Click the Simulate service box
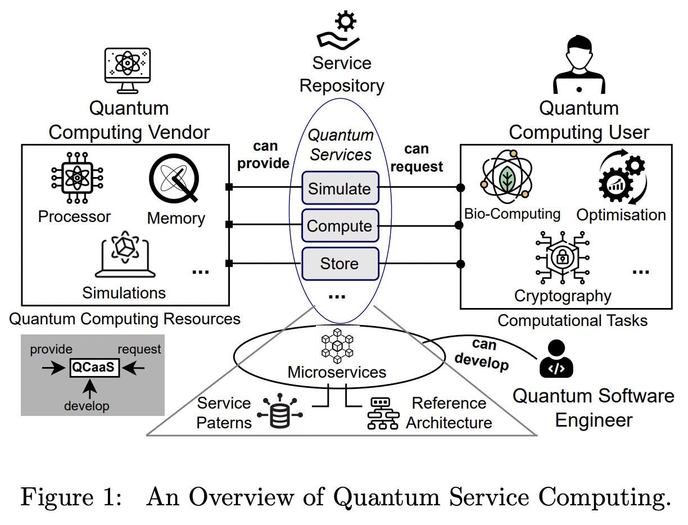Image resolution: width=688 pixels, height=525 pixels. pos(340,189)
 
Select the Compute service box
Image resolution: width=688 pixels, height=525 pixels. pos(340,226)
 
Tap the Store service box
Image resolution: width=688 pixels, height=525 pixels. pos(340,264)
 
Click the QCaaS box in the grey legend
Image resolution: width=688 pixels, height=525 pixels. pos(93,368)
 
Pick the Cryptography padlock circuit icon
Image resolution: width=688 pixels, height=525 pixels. pos(562,257)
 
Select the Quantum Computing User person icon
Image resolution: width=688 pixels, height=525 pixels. pos(579,65)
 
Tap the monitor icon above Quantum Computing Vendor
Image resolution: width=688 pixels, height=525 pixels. pos(129,69)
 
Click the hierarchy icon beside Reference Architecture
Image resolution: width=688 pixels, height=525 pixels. pos(382,413)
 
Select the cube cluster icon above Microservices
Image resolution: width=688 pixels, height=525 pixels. pos(337,345)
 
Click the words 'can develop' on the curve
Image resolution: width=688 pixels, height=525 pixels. pos(483,355)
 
